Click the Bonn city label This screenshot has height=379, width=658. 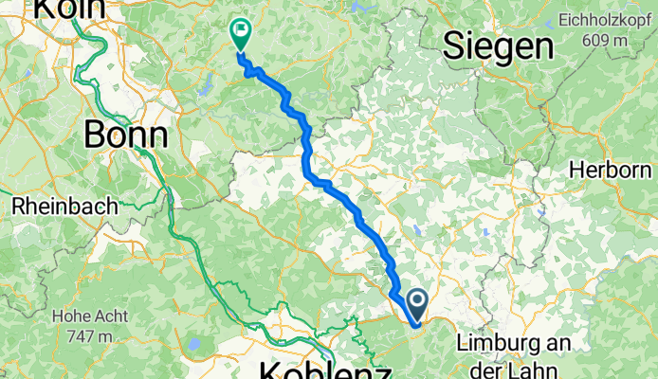126,135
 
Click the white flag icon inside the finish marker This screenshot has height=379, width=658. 240,30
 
